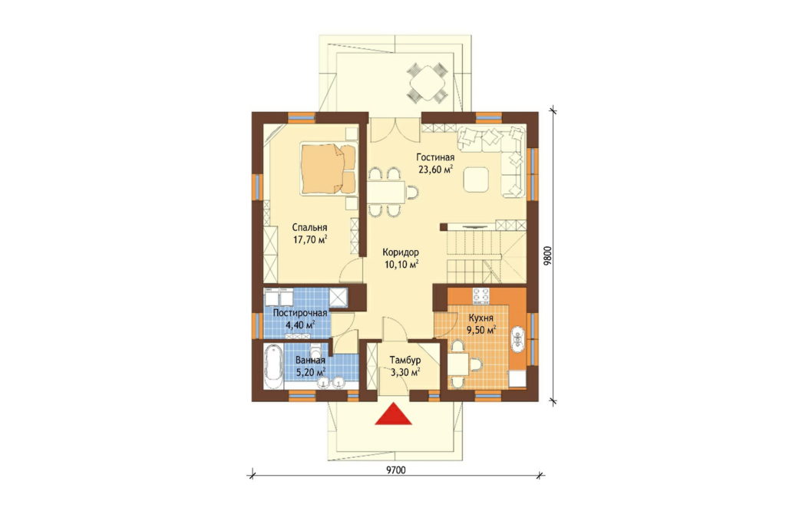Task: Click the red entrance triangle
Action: coord(394,414)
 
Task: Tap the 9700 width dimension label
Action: coord(396,470)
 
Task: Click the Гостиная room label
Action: coord(435,158)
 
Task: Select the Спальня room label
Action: coord(310,228)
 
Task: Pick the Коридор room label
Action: coord(401,252)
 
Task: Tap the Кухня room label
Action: coord(481,318)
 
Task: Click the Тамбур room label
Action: coord(405,360)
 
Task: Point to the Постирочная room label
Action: coord(300,313)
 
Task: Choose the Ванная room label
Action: coord(310,360)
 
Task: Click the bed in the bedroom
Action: coord(328,168)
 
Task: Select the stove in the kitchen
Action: coord(481,295)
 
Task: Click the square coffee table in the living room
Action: coord(475,180)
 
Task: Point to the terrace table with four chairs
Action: coord(426,82)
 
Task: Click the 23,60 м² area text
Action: coord(436,170)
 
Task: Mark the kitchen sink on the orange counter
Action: coord(517,336)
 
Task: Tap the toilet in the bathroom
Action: coord(315,349)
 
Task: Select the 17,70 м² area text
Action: coord(310,239)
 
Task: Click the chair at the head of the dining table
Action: coord(411,192)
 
